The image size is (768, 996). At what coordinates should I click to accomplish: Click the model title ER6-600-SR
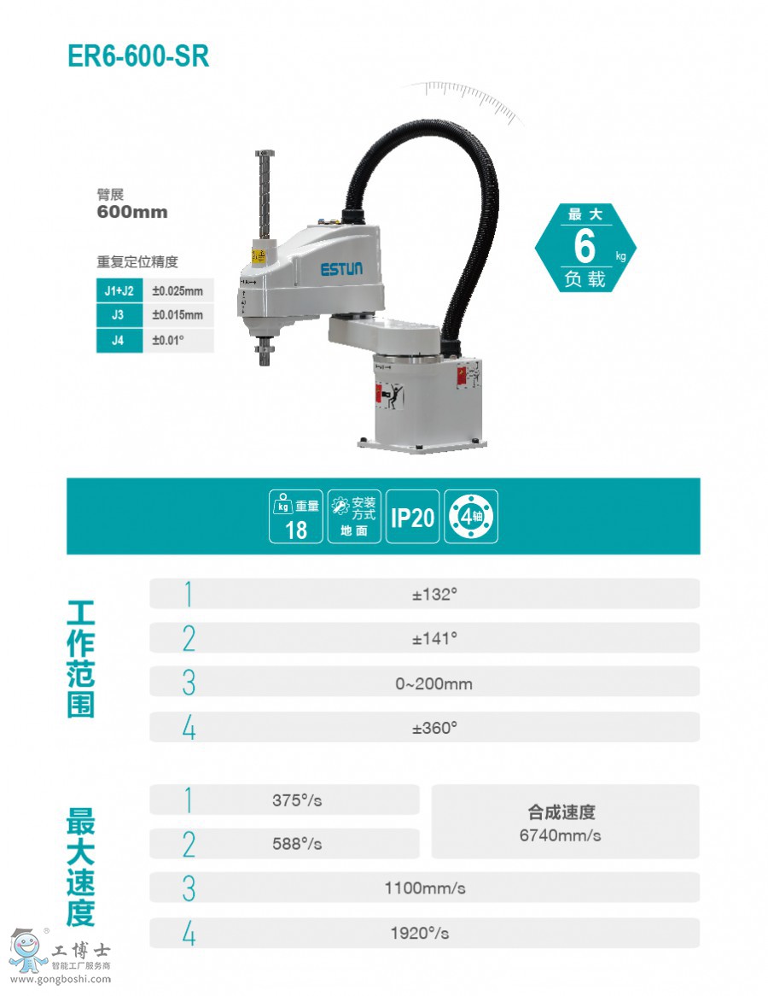click(137, 56)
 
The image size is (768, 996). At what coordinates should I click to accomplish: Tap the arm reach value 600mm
click(132, 212)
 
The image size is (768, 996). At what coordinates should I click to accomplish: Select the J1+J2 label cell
click(119, 290)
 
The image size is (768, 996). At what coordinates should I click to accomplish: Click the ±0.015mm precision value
click(177, 315)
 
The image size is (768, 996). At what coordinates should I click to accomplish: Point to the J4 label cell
click(119, 341)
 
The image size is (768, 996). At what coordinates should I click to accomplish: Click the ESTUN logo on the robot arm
click(341, 269)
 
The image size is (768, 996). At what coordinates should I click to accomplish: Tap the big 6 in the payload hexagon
click(585, 247)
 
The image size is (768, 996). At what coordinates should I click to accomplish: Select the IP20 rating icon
click(412, 517)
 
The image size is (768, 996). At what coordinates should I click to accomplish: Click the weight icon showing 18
click(296, 517)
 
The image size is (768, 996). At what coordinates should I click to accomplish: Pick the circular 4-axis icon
click(471, 517)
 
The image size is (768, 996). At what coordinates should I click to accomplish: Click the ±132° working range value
click(435, 595)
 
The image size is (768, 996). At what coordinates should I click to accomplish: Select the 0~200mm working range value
click(434, 684)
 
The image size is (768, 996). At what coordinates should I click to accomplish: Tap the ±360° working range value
click(435, 728)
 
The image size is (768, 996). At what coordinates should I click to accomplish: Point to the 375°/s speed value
click(297, 800)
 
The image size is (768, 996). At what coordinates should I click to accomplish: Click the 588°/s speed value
click(297, 844)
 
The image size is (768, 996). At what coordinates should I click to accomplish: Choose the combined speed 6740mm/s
click(561, 835)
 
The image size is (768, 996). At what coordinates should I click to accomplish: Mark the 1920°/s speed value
click(420, 933)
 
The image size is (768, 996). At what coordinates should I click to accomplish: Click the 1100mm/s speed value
click(425, 888)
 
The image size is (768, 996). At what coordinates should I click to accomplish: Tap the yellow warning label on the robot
click(259, 255)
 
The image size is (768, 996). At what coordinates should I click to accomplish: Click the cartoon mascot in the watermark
click(28, 951)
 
